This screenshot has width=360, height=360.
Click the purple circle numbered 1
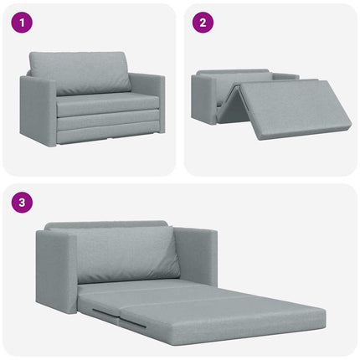click(20, 23)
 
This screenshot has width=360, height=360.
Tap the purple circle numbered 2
click(202, 23)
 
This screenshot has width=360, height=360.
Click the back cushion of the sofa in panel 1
click(80, 73)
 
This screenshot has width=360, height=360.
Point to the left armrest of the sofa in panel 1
click(39, 109)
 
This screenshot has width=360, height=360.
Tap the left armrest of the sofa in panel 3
click(56, 268)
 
